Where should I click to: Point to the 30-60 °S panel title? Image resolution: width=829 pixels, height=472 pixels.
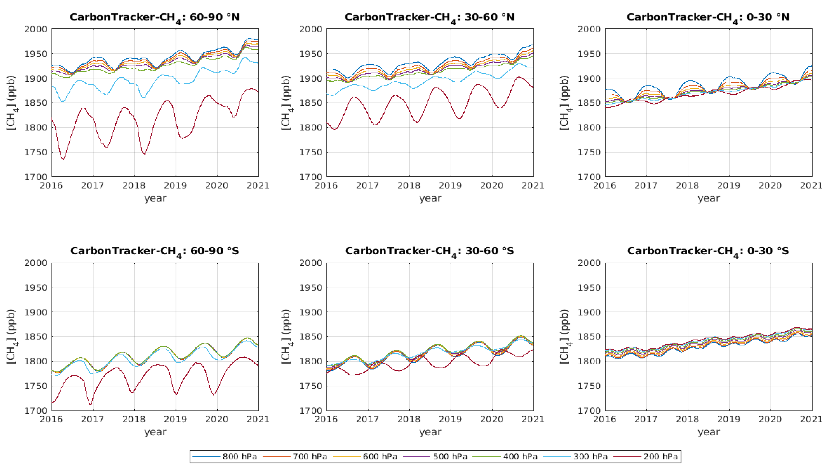coord(429,251)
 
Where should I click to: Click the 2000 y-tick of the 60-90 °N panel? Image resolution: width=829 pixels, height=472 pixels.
coord(36,29)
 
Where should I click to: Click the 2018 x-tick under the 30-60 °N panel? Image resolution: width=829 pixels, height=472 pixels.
coord(409,185)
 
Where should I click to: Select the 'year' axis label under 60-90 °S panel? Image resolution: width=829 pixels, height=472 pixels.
coord(155,432)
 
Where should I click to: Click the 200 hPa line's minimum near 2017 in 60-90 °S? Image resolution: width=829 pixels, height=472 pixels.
coord(91,405)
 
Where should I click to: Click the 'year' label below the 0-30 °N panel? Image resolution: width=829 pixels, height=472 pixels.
coord(709,198)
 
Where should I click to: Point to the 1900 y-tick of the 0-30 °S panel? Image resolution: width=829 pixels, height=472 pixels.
coord(589,312)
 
